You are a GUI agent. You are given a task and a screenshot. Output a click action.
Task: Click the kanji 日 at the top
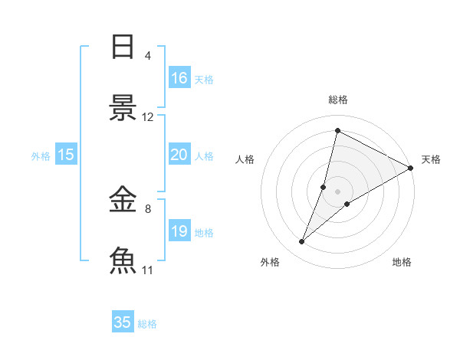coord(123,47)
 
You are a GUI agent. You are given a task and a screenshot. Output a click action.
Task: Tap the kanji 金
coord(123,201)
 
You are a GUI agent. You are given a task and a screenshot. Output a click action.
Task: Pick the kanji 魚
coord(123,260)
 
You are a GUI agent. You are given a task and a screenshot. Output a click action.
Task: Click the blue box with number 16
coord(179,77)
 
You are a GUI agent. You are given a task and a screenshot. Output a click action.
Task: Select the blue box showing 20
coord(179,155)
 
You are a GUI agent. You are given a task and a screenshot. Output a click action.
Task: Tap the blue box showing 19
coord(179,231)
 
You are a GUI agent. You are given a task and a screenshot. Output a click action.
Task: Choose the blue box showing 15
coord(66,155)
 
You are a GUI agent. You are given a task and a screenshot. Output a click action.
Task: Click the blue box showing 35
coord(123,322)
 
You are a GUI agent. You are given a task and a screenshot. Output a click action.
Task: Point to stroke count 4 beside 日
coord(148,56)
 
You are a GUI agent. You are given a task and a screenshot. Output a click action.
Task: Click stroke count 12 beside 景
coord(148,117)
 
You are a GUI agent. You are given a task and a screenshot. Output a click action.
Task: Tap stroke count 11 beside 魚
coord(148,270)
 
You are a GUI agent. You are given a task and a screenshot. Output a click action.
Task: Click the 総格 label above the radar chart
coord(337,100)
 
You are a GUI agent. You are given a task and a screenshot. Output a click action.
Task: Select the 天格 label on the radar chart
coord(431,159)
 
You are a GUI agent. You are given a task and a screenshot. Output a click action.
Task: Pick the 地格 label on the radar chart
coord(402,262)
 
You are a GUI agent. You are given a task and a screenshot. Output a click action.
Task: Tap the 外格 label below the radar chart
coord(270,262)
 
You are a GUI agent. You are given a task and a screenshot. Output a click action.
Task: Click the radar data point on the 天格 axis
coord(411,168)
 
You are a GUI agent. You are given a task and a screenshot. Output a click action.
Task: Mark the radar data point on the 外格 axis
coord(302,242)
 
